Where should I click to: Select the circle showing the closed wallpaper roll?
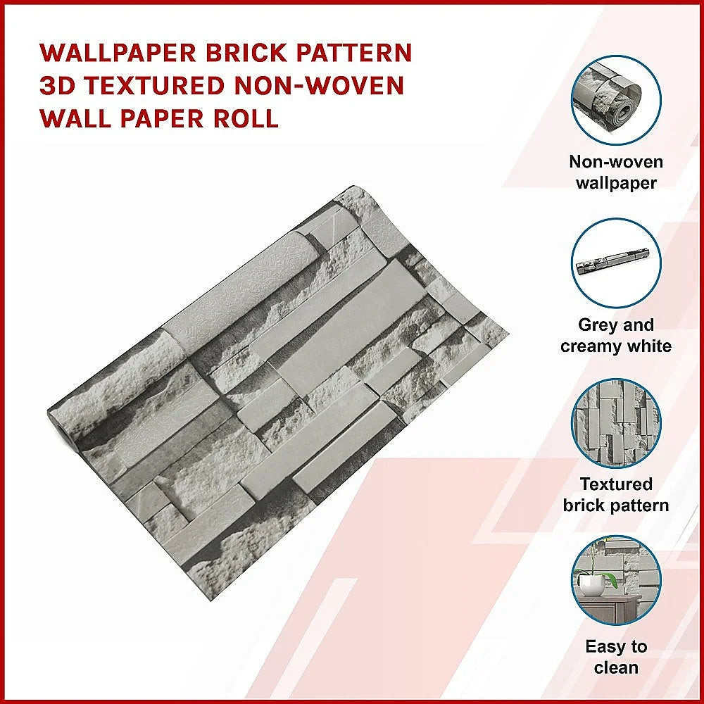click(x=616, y=263)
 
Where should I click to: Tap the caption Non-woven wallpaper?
click(x=616, y=172)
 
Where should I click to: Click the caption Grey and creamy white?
click(x=616, y=335)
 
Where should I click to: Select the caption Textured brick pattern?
click(x=616, y=494)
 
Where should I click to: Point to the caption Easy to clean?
click(x=616, y=657)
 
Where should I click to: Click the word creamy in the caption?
click(x=591, y=346)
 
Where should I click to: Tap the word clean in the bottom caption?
click(x=616, y=667)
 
